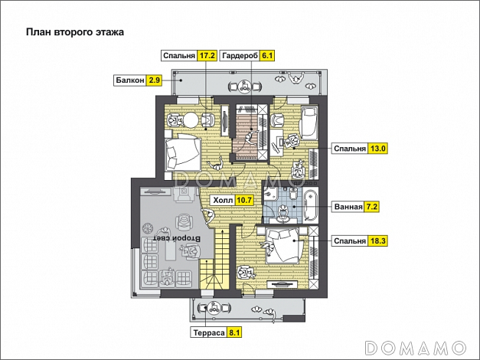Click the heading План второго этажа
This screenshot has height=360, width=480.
(74, 32)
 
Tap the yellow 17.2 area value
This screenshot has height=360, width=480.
(206, 56)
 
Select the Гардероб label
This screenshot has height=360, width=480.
(240, 56)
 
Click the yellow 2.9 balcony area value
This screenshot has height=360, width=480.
(155, 80)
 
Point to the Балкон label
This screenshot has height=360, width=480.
(129, 80)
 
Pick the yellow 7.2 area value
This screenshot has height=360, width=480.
(373, 207)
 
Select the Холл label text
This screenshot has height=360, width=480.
(222, 201)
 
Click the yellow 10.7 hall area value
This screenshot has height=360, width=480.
(244, 201)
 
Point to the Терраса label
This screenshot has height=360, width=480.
(207, 332)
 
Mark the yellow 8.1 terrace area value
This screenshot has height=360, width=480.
(234, 332)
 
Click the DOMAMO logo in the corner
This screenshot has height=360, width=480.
(417, 347)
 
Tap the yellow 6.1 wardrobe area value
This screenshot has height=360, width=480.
(267, 56)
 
